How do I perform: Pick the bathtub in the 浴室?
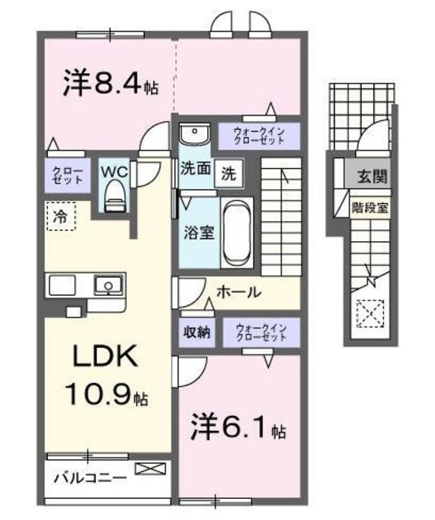[x=239, y=231]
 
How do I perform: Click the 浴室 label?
[x=198, y=231]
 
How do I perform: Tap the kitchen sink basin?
[x=107, y=285]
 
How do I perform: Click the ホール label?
[x=237, y=292]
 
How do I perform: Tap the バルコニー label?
[x=89, y=477]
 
